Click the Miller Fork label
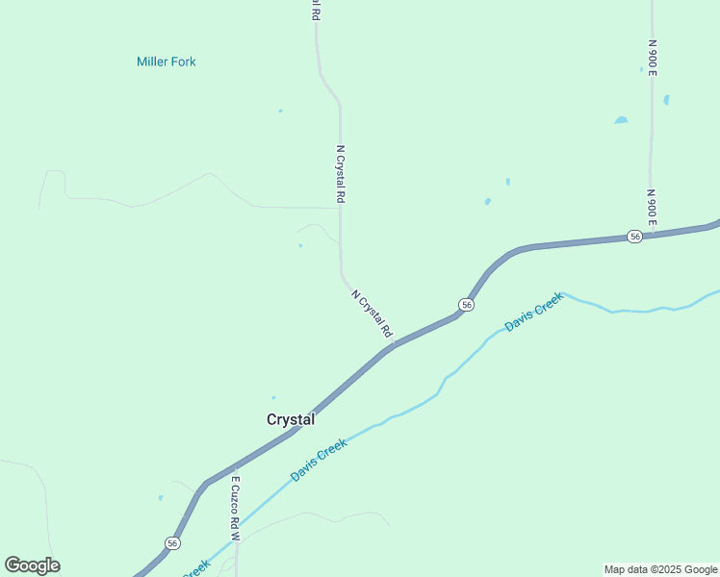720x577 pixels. point(166,62)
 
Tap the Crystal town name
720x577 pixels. point(290,419)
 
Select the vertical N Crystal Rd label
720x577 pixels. point(340,173)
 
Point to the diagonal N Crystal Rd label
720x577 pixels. point(373,314)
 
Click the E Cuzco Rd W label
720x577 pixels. point(235,506)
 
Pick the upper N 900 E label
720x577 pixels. point(652,58)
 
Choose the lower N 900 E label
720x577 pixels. point(652,208)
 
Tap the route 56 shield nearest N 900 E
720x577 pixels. point(633,236)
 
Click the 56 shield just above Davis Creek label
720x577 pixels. point(466,304)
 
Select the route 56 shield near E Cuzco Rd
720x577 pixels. point(172,542)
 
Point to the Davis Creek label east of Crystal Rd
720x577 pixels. point(533,312)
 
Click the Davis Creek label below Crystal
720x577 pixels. point(318,460)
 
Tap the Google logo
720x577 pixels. point(32,565)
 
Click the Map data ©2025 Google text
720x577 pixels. point(661,569)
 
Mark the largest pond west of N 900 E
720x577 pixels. point(621,120)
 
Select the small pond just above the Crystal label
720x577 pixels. point(274,397)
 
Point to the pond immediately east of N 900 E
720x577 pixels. point(666,99)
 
